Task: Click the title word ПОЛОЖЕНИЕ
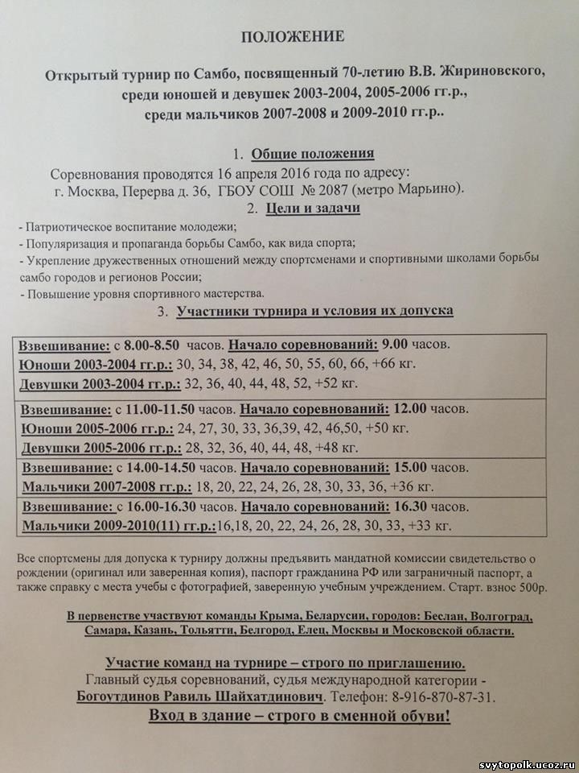click(x=294, y=36)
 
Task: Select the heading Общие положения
click(x=312, y=155)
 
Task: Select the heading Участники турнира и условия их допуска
click(x=314, y=310)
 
